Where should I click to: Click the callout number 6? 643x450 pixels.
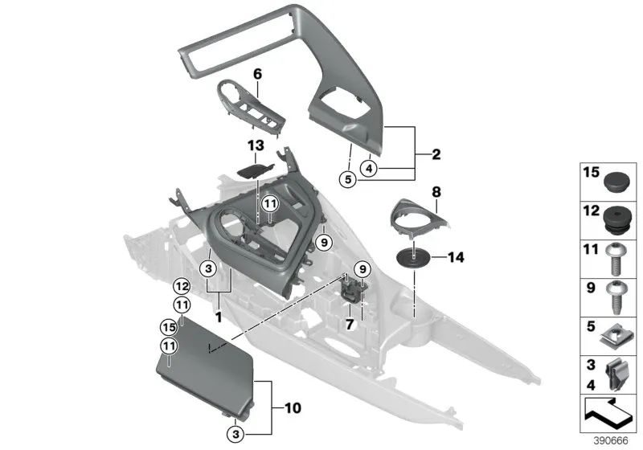click(x=258, y=74)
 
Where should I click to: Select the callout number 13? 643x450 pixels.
click(x=255, y=145)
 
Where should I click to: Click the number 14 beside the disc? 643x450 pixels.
click(x=455, y=258)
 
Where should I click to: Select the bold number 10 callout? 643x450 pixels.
click(x=292, y=408)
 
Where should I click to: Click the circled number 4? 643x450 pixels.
click(x=369, y=169)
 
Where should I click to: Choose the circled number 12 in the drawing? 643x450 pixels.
click(x=182, y=285)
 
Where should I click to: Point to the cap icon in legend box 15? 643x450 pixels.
click(x=616, y=181)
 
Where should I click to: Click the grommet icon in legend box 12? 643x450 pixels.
click(x=616, y=217)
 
